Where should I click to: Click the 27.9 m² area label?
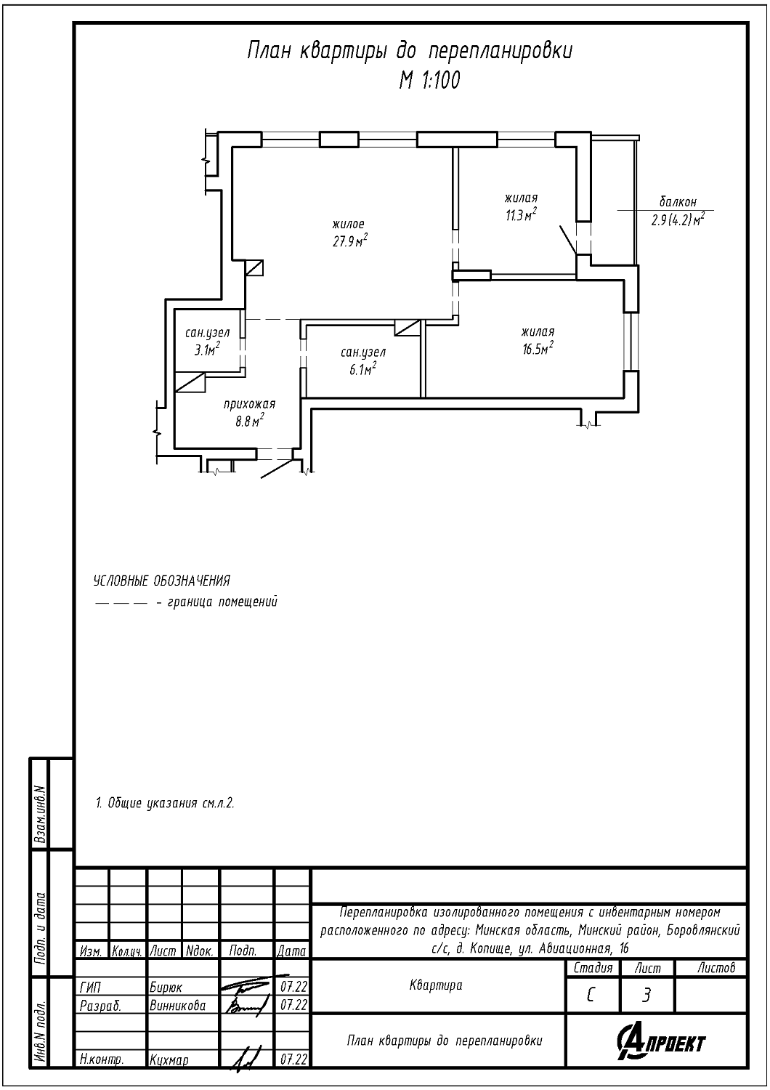pos(350,241)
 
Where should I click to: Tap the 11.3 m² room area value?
pos(521,214)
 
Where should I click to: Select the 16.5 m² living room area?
pos(538,348)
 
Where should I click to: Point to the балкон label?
pos(678,201)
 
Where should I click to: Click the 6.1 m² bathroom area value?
pos(363,369)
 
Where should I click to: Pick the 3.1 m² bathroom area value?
pos(208,350)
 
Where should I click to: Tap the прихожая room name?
pos(250,404)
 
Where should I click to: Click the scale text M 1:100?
pos(429,81)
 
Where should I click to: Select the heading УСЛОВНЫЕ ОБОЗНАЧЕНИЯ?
pos(161,581)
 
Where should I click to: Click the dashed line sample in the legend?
pos(121,603)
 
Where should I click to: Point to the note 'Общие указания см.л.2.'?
pos(165,803)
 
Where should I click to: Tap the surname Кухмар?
pos(169,1059)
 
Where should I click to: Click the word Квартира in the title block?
pos(436,985)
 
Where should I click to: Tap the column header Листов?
pos(716,968)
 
